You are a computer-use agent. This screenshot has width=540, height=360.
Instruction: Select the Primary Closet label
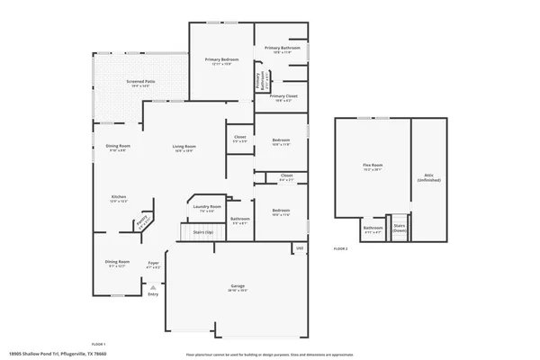click(x=283, y=95)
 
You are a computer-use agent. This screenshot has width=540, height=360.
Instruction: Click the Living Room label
click(x=184, y=146)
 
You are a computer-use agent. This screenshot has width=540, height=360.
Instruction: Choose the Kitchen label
click(x=119, y=197)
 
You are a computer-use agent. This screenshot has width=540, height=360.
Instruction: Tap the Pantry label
click(x=141, y=220)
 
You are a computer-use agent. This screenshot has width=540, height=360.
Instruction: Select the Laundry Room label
click(x=206, y=207)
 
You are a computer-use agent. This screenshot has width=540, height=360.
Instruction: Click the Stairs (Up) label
click(x=203, y=232)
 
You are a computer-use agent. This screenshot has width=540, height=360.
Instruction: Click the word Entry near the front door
click(x=153, y=293)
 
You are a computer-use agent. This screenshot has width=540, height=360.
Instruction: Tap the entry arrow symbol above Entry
click(x=153, y=286)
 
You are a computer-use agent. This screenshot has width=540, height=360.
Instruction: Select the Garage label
click(x=238, y=287)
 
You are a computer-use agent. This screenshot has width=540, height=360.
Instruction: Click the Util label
click(x=301, y=248)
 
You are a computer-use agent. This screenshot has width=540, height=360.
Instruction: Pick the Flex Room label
click(x=373, y=166)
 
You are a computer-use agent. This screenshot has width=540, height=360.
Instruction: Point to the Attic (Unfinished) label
click(x=428, y=177)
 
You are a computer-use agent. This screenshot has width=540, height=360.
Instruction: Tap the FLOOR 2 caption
click(x=340, y=248)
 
